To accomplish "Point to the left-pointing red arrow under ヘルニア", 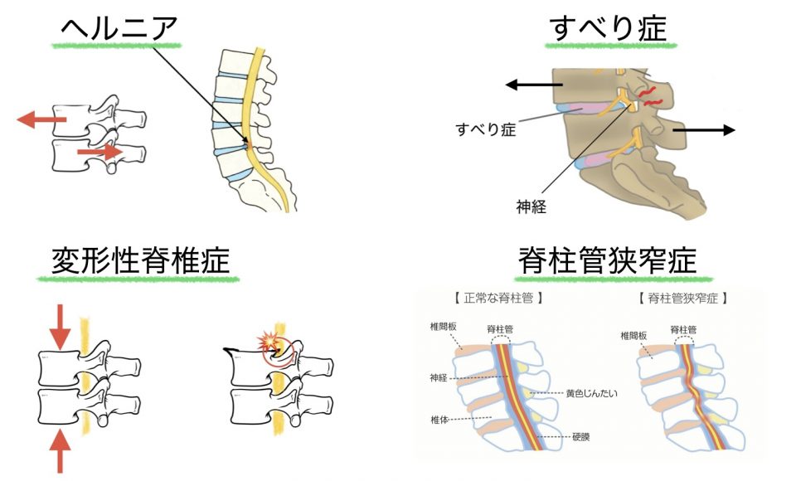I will tap(41, 121).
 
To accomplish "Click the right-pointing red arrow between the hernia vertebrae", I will tap(98, 153).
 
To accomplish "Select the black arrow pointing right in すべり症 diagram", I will tap(705, 129).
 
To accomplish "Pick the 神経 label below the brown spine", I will tap(531, 206).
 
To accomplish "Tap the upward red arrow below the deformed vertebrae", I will tap(61, 451).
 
